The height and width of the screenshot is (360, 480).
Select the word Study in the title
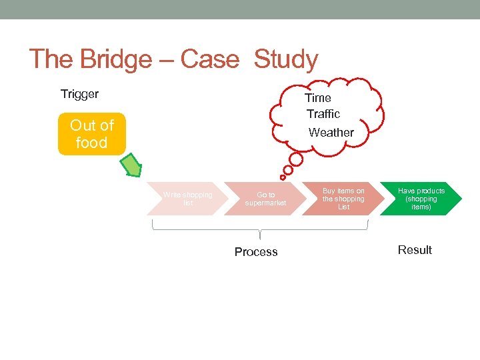click(x=285, y=60)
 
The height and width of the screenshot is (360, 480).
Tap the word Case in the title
click(x=209, y=60)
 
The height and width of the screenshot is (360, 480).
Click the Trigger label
click(x=79, y=94)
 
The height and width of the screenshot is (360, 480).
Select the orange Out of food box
click(x=91, y=134)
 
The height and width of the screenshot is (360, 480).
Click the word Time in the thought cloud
click(x=318, y=98)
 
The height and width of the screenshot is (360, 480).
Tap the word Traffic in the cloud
click(x=323, y=114)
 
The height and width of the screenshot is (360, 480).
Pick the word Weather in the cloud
click(x=331, y=133)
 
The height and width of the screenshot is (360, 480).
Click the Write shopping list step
click(x=187, y=199)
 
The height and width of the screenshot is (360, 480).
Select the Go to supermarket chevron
click(x=265, y=199)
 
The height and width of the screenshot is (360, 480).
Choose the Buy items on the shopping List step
click(x=343, y=199)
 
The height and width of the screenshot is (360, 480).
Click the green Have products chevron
click(x=421, y=199)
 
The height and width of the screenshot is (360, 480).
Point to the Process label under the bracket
click(x=256, y=252)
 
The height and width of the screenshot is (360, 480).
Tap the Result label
click(x=415, y=250)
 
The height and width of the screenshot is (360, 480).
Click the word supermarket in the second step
click(x=265, y=203)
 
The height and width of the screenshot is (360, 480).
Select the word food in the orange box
click(x=91, y=143)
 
